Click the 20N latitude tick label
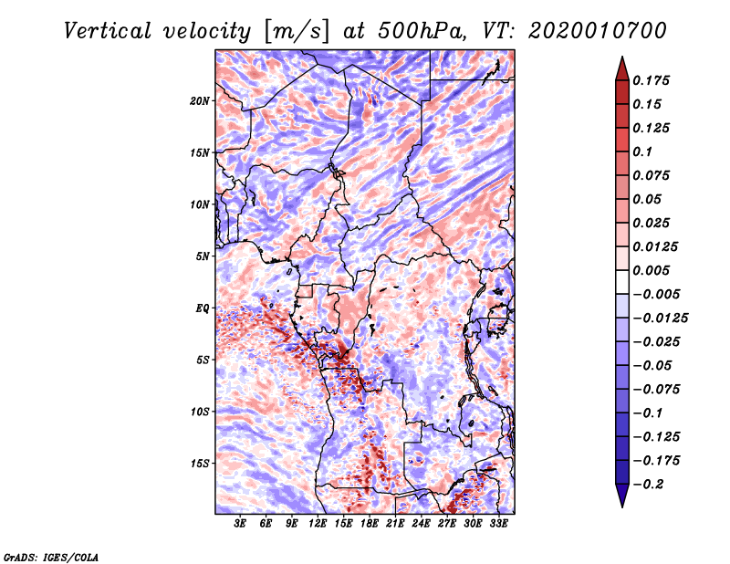pos(200,100)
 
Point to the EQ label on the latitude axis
pos(202,308)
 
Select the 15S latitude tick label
pos(200,463)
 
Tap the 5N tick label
pos(203,256)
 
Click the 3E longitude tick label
pos(241,524)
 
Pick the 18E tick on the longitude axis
pos(370,524)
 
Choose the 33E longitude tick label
pos(498,524)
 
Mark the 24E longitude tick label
pos(422,524)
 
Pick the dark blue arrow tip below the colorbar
pos(621,499)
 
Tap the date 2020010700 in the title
pos(584,30)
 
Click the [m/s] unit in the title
pos(296,30)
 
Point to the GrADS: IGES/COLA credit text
pos(51,556)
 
